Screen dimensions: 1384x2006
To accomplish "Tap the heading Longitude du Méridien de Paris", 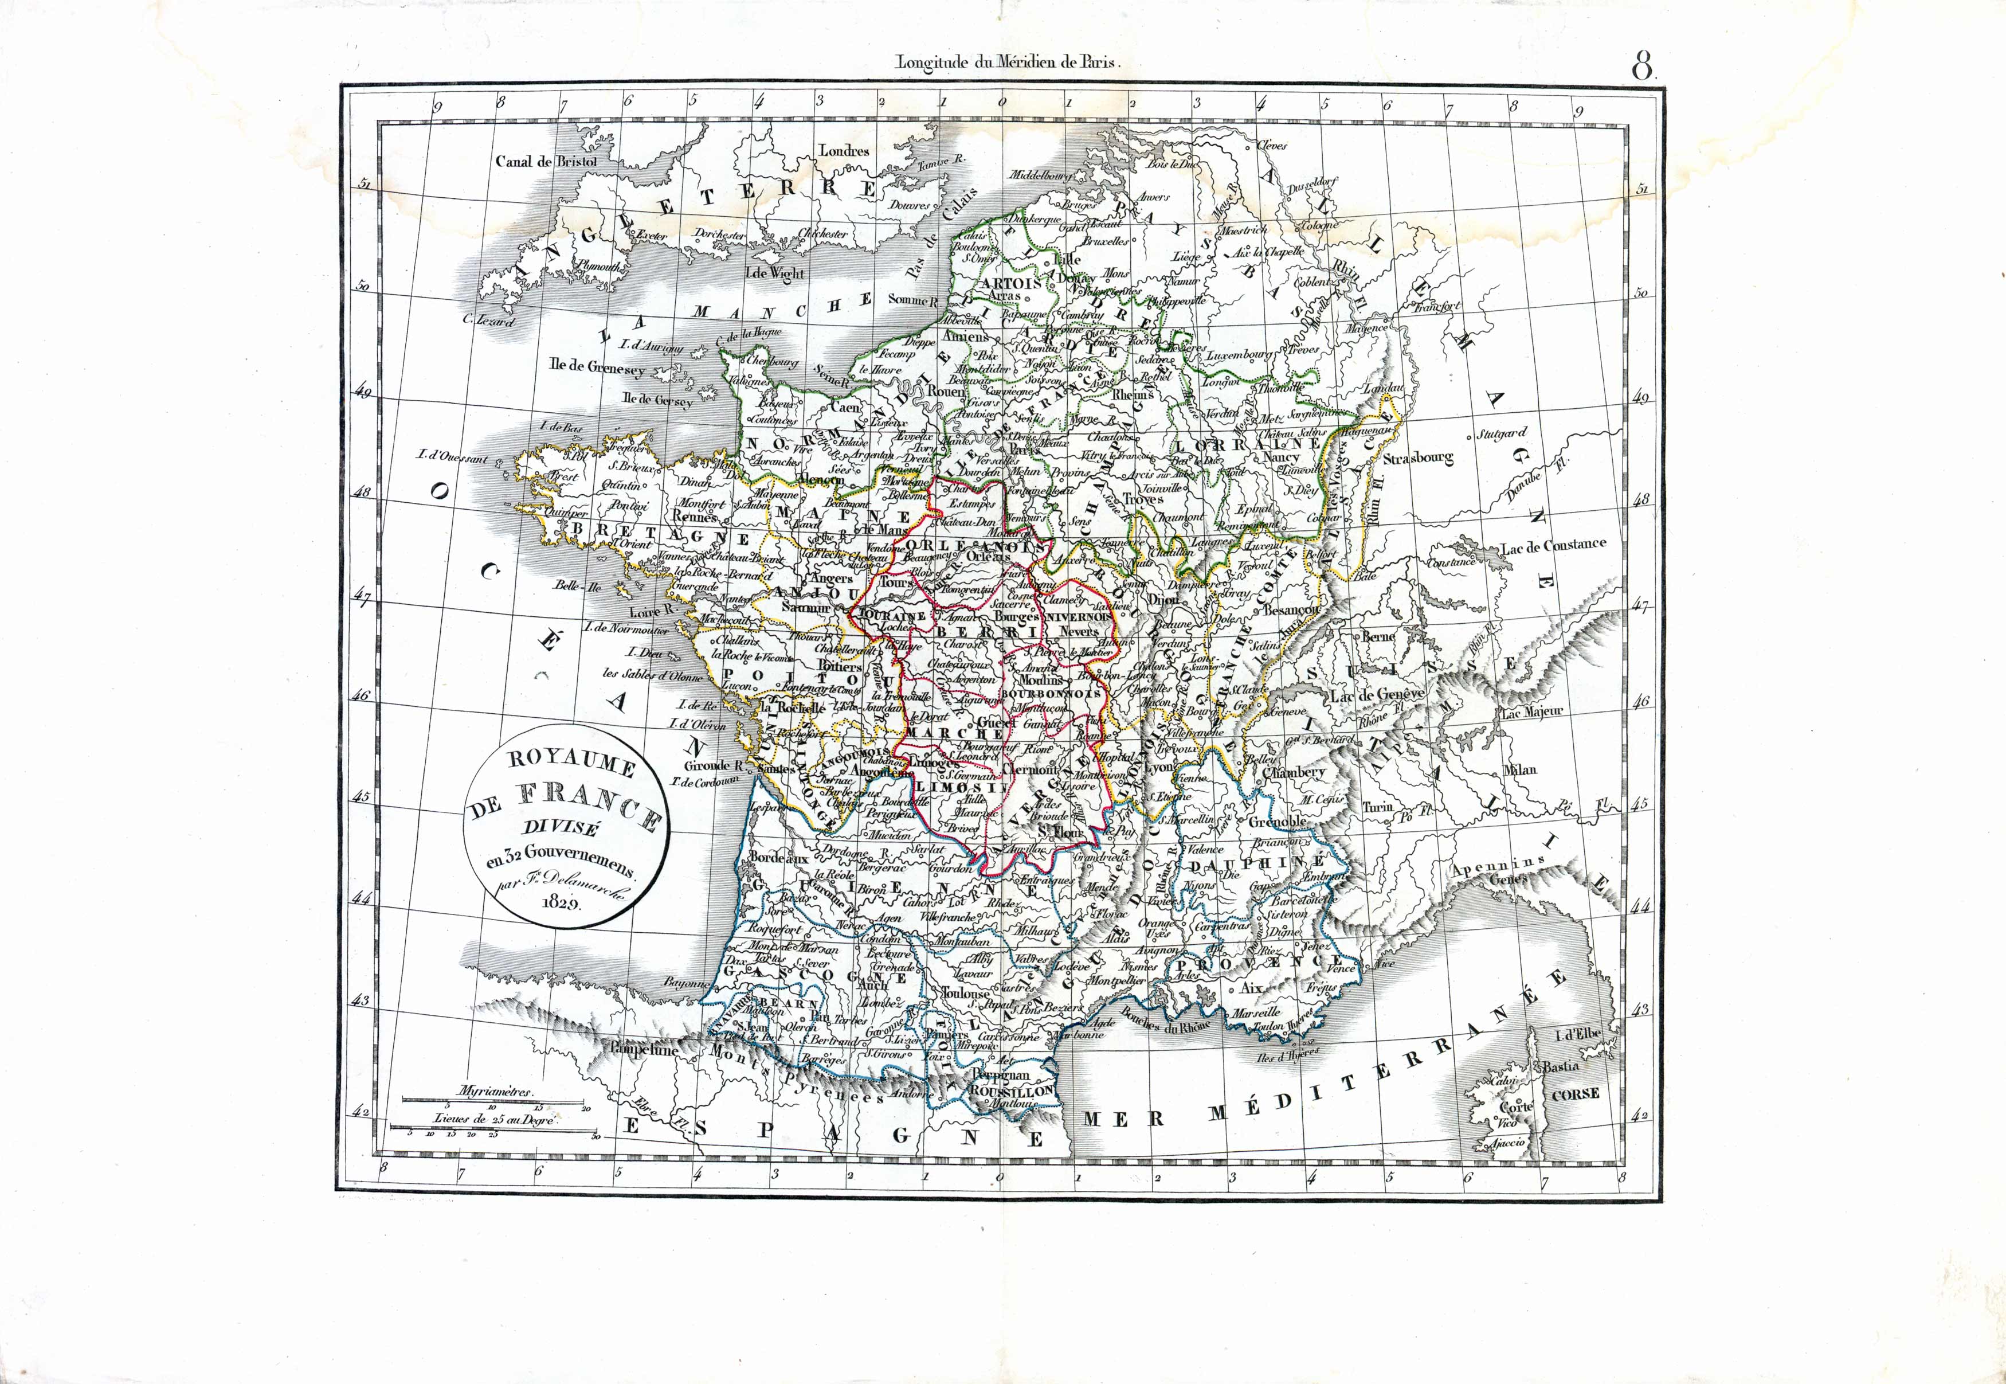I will click(x=1008, y=62).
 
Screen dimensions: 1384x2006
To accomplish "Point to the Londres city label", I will click(x=844, y=151).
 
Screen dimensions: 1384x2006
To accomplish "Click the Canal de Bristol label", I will click(x=546, y=161).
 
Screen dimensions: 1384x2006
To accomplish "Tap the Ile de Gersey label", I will click(x=657, y=401).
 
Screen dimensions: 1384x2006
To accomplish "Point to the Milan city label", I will click(x=1521, y=769).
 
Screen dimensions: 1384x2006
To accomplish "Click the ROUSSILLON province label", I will click(x=1012, y=1091).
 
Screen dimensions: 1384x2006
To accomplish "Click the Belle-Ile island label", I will click(x=578, y=586).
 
